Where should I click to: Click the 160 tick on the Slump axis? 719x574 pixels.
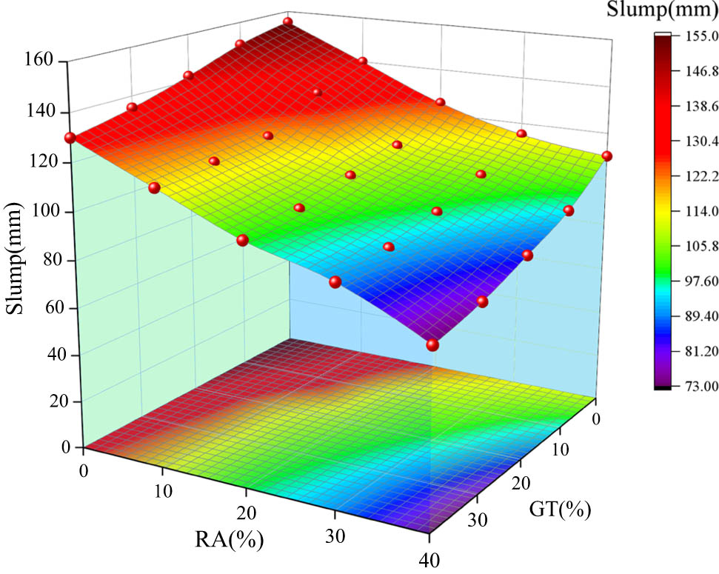click(39, 61)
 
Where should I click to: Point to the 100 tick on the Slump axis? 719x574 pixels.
click(39, 211)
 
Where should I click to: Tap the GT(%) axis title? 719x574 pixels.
click(561, 510)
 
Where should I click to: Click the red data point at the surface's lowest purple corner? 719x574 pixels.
click(432, 344)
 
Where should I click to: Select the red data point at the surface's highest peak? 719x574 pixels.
click(288, 21)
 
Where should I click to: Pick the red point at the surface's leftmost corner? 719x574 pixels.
click(70, 138)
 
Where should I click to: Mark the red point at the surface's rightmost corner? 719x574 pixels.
click(607, 156)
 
